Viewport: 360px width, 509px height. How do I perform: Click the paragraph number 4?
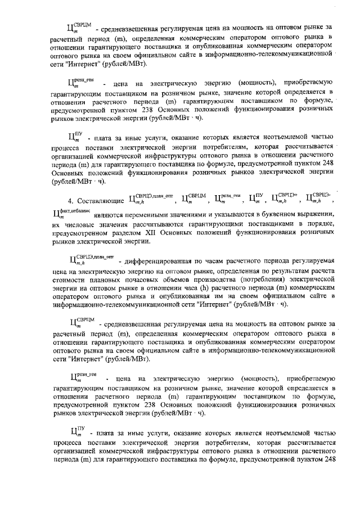tap(70, 200)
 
